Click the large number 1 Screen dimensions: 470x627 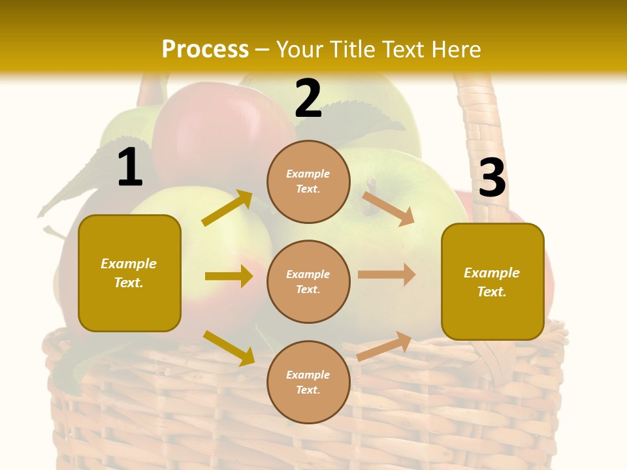point(130,167)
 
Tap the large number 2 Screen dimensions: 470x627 point(308,99)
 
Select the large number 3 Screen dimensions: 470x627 point(492,178)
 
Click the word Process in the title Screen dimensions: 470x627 point(205,49)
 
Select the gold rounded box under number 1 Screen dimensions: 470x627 point(129,273)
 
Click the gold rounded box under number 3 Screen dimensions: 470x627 point(492,281)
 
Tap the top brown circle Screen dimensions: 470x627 point(308,181)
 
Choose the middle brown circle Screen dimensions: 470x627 point(308,281)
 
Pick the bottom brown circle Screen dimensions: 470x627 point(308,382)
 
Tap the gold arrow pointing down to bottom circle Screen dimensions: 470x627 point(229,347)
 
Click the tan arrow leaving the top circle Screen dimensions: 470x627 point(388,208)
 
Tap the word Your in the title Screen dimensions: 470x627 point(299,49)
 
